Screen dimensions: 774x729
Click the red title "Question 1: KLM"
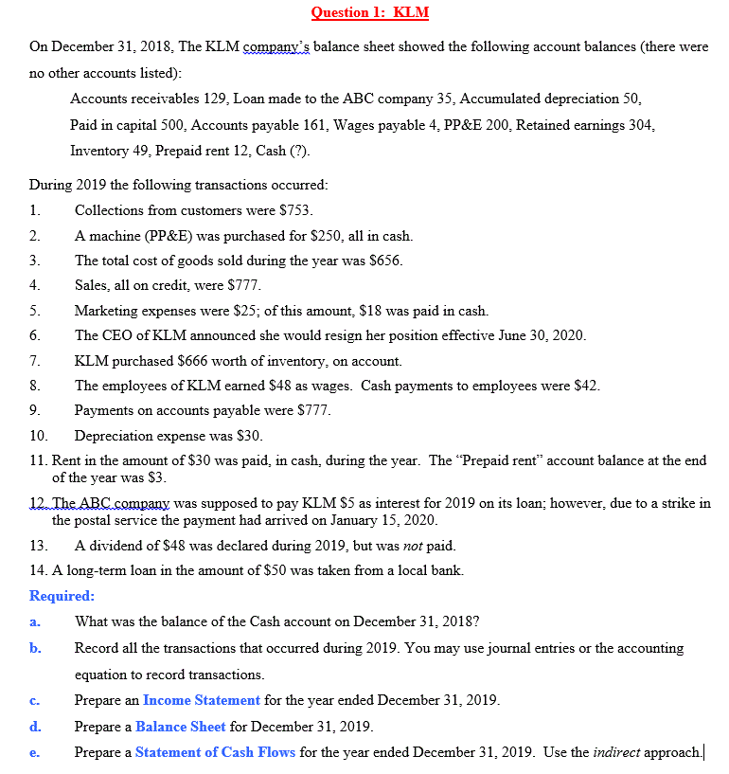coord(369,12)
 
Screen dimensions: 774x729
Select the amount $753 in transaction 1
coord(295,210)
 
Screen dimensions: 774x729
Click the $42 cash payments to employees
coord(585,386)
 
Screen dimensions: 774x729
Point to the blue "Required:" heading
coord(62,596)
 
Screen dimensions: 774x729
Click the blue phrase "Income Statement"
coord(202,700)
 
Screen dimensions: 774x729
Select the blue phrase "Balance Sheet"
coord(181,727)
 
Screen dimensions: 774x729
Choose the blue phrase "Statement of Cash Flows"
coord(215,752)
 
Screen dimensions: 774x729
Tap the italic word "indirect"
coord(616,752)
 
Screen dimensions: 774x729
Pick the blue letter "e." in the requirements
coord(34,752)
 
